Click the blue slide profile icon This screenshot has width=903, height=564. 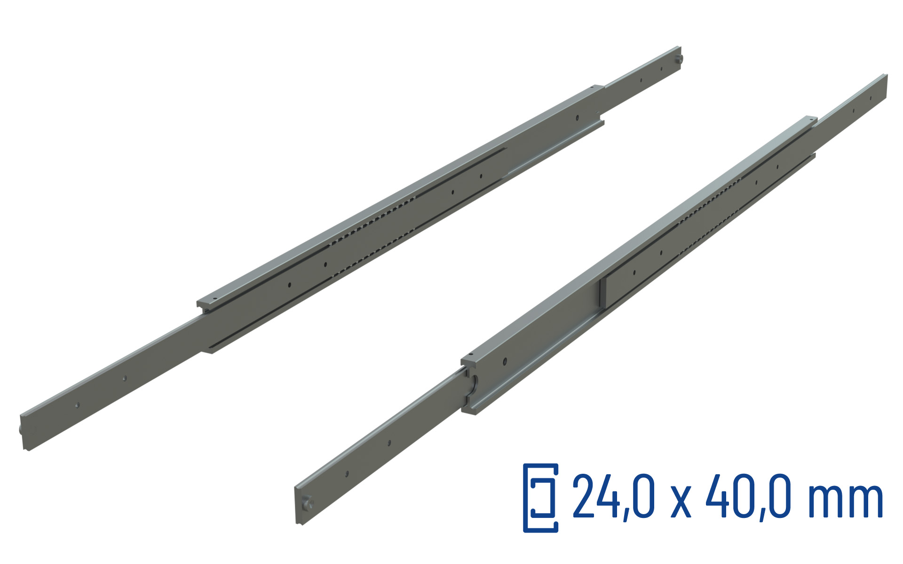pyautogui.click(x=541, y=498)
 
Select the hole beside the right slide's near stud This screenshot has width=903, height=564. pyautogui.click(x=347, y=474)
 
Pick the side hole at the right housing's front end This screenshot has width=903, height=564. pyautogui.click(x=505, y=361)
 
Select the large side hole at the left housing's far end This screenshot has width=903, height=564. pyautogui.click(x=578, y=117)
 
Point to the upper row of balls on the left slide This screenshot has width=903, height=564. pyautogui.click(x=376, y=221)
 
